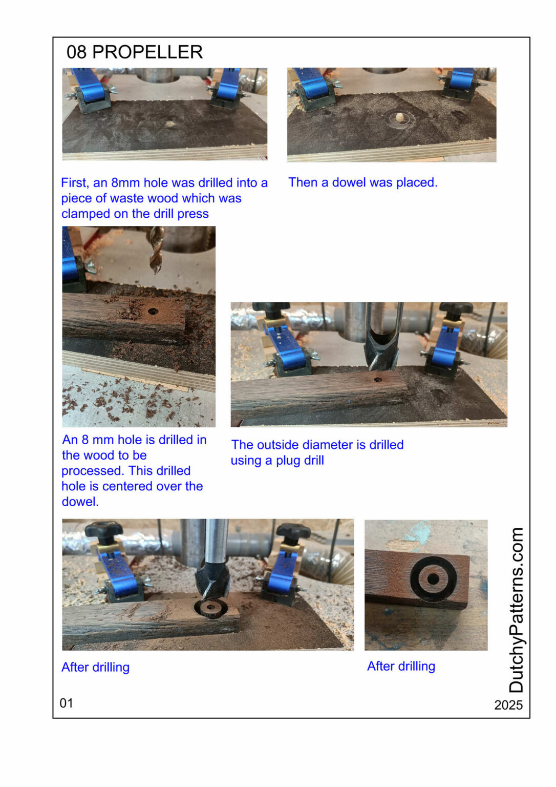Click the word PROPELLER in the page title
pyautogui.click(x=147, y=52)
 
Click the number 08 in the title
pyautogui.click(x=76, y=52)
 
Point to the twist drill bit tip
pyautogui.click(x=156, y=272)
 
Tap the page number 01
pyautogui.click(x=67, y=703)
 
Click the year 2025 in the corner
pyautogui.click(x=508, y=705)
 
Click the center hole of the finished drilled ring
pyautogui.click(x=433, y=579)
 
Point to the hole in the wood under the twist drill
pyautogui.click(x=153, y=311)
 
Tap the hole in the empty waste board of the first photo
pyautogui.click(x=169, y=124)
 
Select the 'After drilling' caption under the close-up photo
pyautogui.click(x=401, y=666)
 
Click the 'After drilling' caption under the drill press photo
pyautogui.click(x=95, y=667)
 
